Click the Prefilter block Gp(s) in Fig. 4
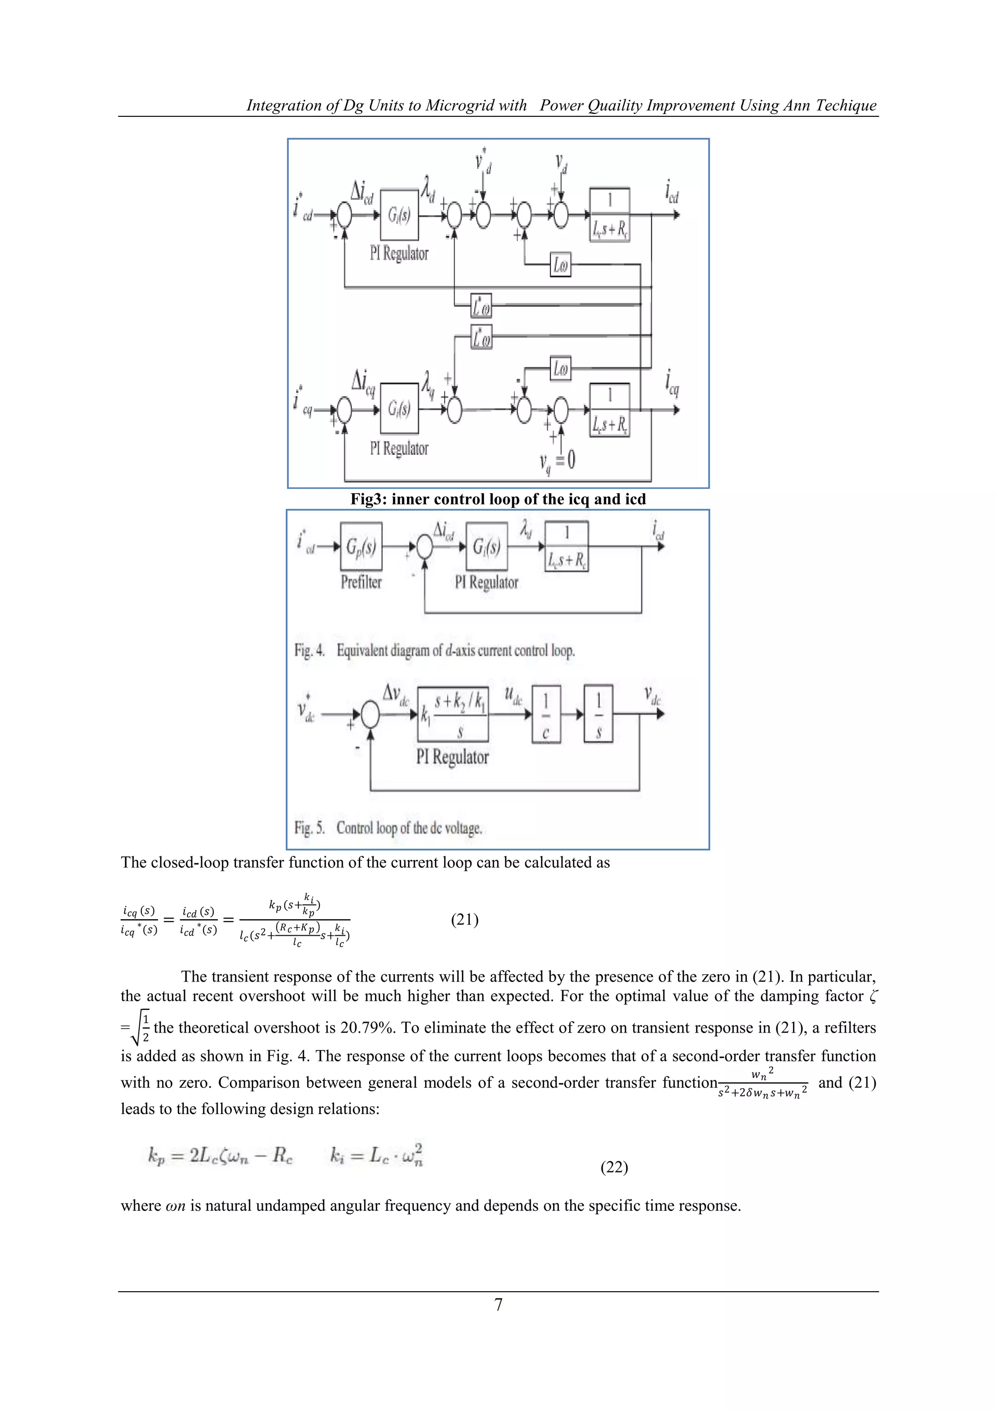pos(361,546)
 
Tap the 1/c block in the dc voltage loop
pos(546,714)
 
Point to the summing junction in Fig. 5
pos(370,715)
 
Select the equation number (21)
pos(465,919)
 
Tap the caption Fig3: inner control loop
pos(498,499)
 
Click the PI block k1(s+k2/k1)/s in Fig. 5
pos(453,714)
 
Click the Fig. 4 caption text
pos(435,650)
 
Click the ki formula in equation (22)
pos(376,1156)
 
